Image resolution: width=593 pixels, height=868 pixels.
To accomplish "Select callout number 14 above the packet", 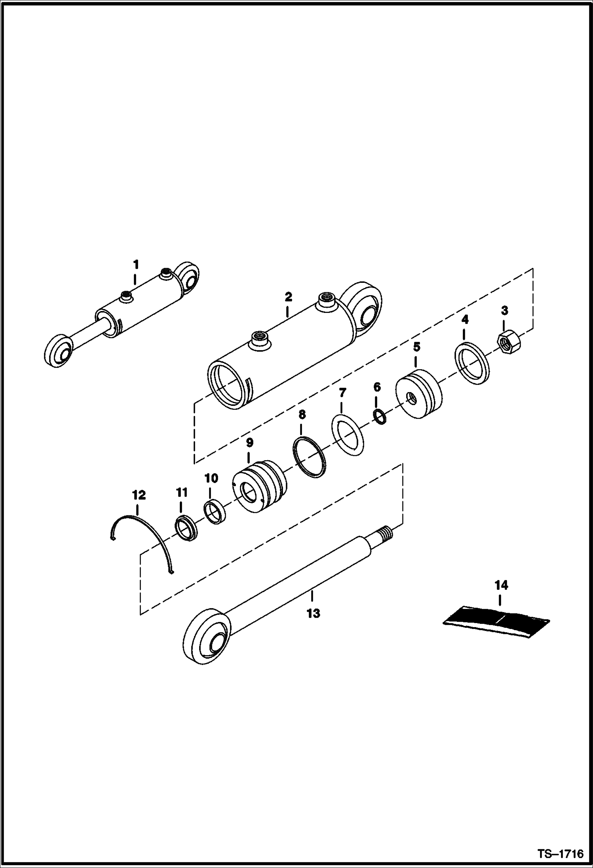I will coord(501,585).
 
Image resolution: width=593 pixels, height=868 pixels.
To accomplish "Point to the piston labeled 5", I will coord(419,394).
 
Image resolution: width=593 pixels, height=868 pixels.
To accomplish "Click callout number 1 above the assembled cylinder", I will coord(136,264).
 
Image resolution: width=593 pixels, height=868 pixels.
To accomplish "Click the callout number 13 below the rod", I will coord(313,614).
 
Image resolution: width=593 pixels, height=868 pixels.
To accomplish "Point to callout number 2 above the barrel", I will coord(288,297).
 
